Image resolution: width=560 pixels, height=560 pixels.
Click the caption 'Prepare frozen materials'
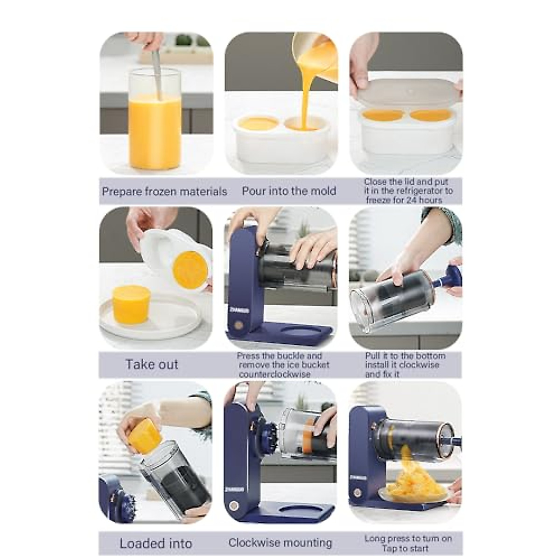[164, 191]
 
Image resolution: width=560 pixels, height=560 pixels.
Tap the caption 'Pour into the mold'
[289, 191]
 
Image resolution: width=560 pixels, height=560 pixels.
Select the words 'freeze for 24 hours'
[404, 200]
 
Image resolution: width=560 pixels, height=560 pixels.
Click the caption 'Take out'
[152, 364]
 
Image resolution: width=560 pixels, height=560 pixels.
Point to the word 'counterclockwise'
[274, 374]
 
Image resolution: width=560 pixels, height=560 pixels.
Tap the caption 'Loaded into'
[156, 544]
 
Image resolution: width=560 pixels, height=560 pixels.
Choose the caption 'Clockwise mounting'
[280, 543]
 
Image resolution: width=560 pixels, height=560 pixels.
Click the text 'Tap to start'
[405, 548]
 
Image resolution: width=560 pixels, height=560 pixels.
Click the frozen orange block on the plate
[131, 304]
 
